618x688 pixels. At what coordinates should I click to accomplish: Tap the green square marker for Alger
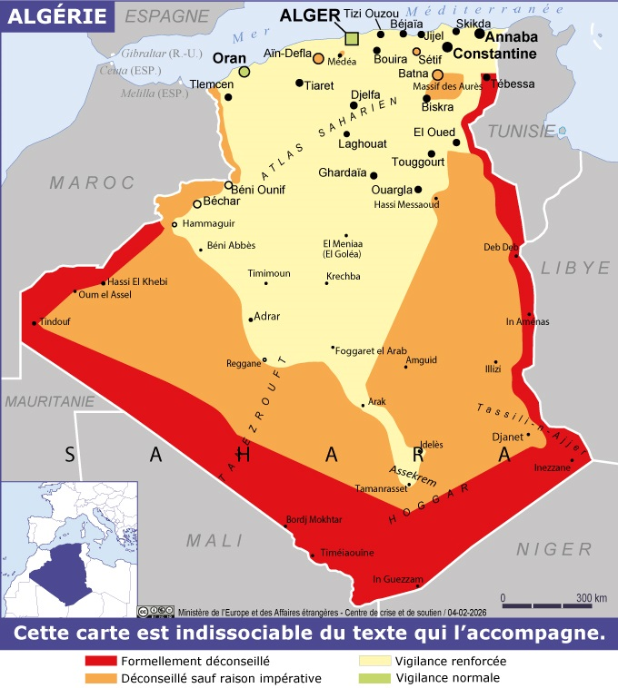353,38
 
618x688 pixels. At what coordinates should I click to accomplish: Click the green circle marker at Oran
244,71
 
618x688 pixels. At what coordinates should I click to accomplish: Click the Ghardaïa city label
342,172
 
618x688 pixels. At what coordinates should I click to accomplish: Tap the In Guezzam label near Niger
398,579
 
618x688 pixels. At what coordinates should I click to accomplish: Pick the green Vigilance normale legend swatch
374,677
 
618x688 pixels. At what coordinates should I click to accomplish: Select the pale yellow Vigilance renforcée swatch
374,661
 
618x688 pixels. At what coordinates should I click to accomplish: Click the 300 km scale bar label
591,597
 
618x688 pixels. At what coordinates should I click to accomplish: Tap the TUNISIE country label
521,132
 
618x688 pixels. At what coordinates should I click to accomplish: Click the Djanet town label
507,437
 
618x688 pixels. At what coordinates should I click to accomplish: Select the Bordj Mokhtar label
314,519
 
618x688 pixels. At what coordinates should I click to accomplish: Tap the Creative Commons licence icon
155,611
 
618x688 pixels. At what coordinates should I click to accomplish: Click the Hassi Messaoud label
406,205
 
